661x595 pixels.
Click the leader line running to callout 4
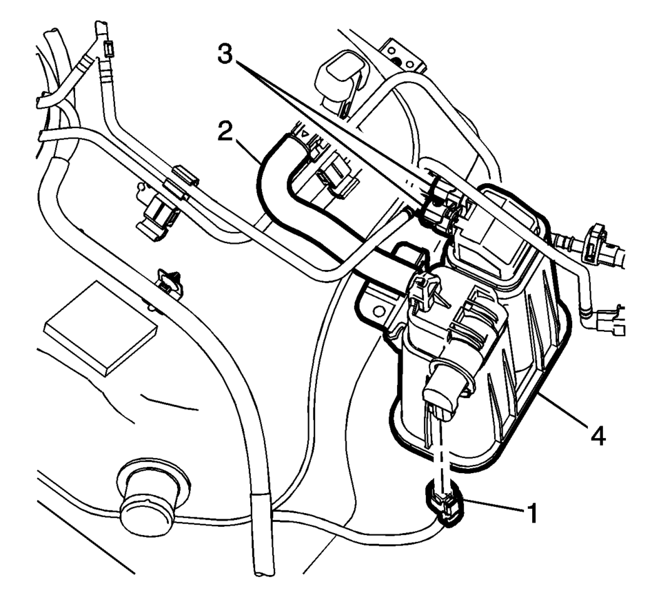pos(562,413)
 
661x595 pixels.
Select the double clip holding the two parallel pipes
pos(181,180)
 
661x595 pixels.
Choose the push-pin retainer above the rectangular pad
pos(169,282)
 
